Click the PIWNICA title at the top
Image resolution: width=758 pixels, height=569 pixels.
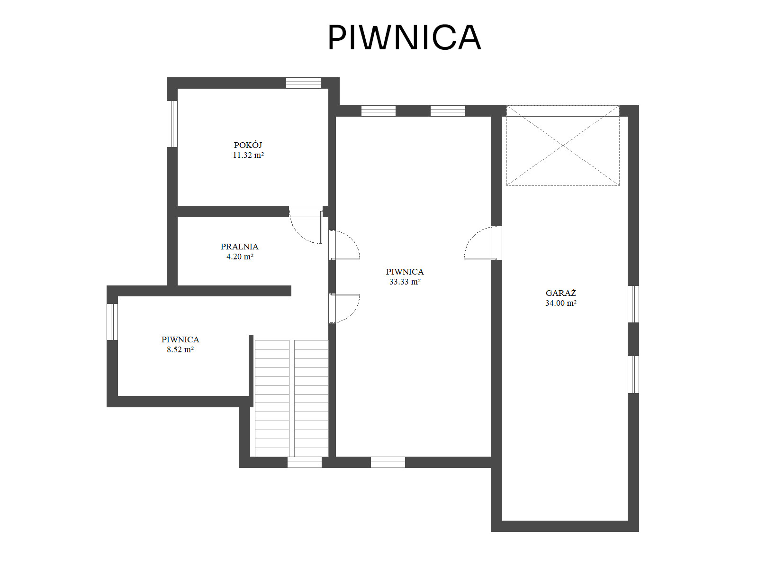pos(404,37)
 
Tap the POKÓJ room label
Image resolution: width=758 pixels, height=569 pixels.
pos(248,145)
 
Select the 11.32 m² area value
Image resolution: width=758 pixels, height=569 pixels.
pos(248,155)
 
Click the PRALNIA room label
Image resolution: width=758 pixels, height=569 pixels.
pos(240,247)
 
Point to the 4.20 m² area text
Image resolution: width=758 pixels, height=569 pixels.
pos(240,257)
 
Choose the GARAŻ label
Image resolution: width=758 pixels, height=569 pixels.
pos(561,293)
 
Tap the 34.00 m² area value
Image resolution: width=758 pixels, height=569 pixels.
pos(561,303)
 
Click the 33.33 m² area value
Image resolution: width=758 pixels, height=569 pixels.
pos(405,282)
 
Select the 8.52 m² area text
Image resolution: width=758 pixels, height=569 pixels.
pos(180,349)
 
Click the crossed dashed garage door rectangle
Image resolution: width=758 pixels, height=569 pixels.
pos(563,146)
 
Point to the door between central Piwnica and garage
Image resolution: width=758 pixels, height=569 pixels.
pos(483,243)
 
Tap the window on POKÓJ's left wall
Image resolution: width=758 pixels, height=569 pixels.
pos(172,124)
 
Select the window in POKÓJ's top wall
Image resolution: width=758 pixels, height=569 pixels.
pos(304,83)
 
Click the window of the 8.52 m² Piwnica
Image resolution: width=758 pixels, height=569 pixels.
pos(112,322)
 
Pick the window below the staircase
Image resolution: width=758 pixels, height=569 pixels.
pos(305,462)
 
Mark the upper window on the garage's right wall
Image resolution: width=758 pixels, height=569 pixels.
pos(633,304)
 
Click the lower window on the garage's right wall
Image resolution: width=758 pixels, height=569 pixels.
pos(633,375)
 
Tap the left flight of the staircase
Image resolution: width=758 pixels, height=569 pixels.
pos(272,398)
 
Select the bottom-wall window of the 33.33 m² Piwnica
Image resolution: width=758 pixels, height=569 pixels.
pos(388,462)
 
